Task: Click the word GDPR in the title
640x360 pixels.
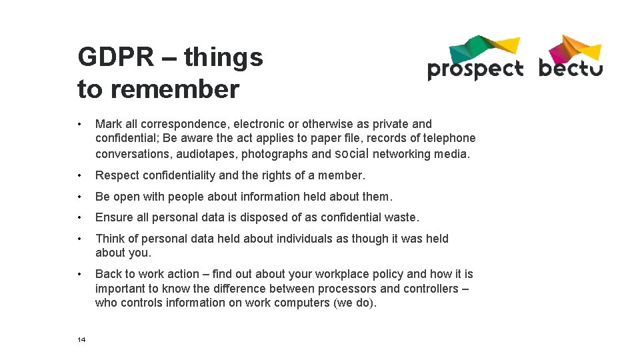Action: (x=115, y=57)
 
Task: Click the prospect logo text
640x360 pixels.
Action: (x=475, y=69)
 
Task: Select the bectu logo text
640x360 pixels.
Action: (x=570, y=68)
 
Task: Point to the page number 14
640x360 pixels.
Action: (x=81, y=340)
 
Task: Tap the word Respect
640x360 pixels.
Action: (x=117, y=175)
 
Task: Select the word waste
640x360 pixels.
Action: (x=403, y=217)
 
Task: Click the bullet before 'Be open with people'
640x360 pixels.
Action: (x=80, y=197)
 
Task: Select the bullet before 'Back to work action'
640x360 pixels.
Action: (x=80, y=274)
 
